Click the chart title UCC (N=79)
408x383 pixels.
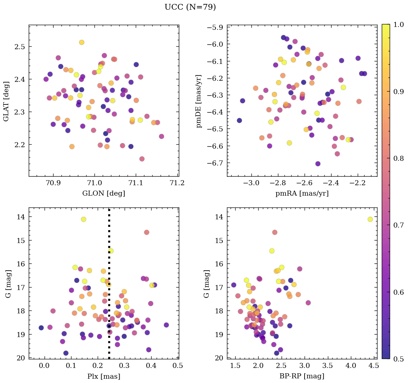pyautogui.click(x=190, y=7)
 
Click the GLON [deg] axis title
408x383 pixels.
pyautogui.click(x=103, y=193)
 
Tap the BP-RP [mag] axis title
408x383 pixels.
pyautogui.click(x=302, y=376)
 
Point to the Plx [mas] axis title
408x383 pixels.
pyautogui.click(x=103, y=376)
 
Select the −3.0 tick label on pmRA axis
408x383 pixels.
pyautogui.click(x=251, y=183)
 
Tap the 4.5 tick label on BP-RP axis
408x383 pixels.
pyautogui.click(x=373, y=366)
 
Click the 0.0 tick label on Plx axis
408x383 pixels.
pyautogui.click(x=44, y=366)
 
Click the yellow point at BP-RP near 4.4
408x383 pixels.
pyautogui.click(x=370, y=219)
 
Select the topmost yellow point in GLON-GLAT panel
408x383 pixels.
pyautogui.click(x=82, y=42)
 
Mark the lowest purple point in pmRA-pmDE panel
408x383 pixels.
pyautogui.click(x=318, y=164)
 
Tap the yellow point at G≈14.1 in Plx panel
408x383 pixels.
pyautogui.click(x=83, y=219)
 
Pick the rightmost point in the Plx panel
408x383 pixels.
pyautogui.click(x=166, y=325)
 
